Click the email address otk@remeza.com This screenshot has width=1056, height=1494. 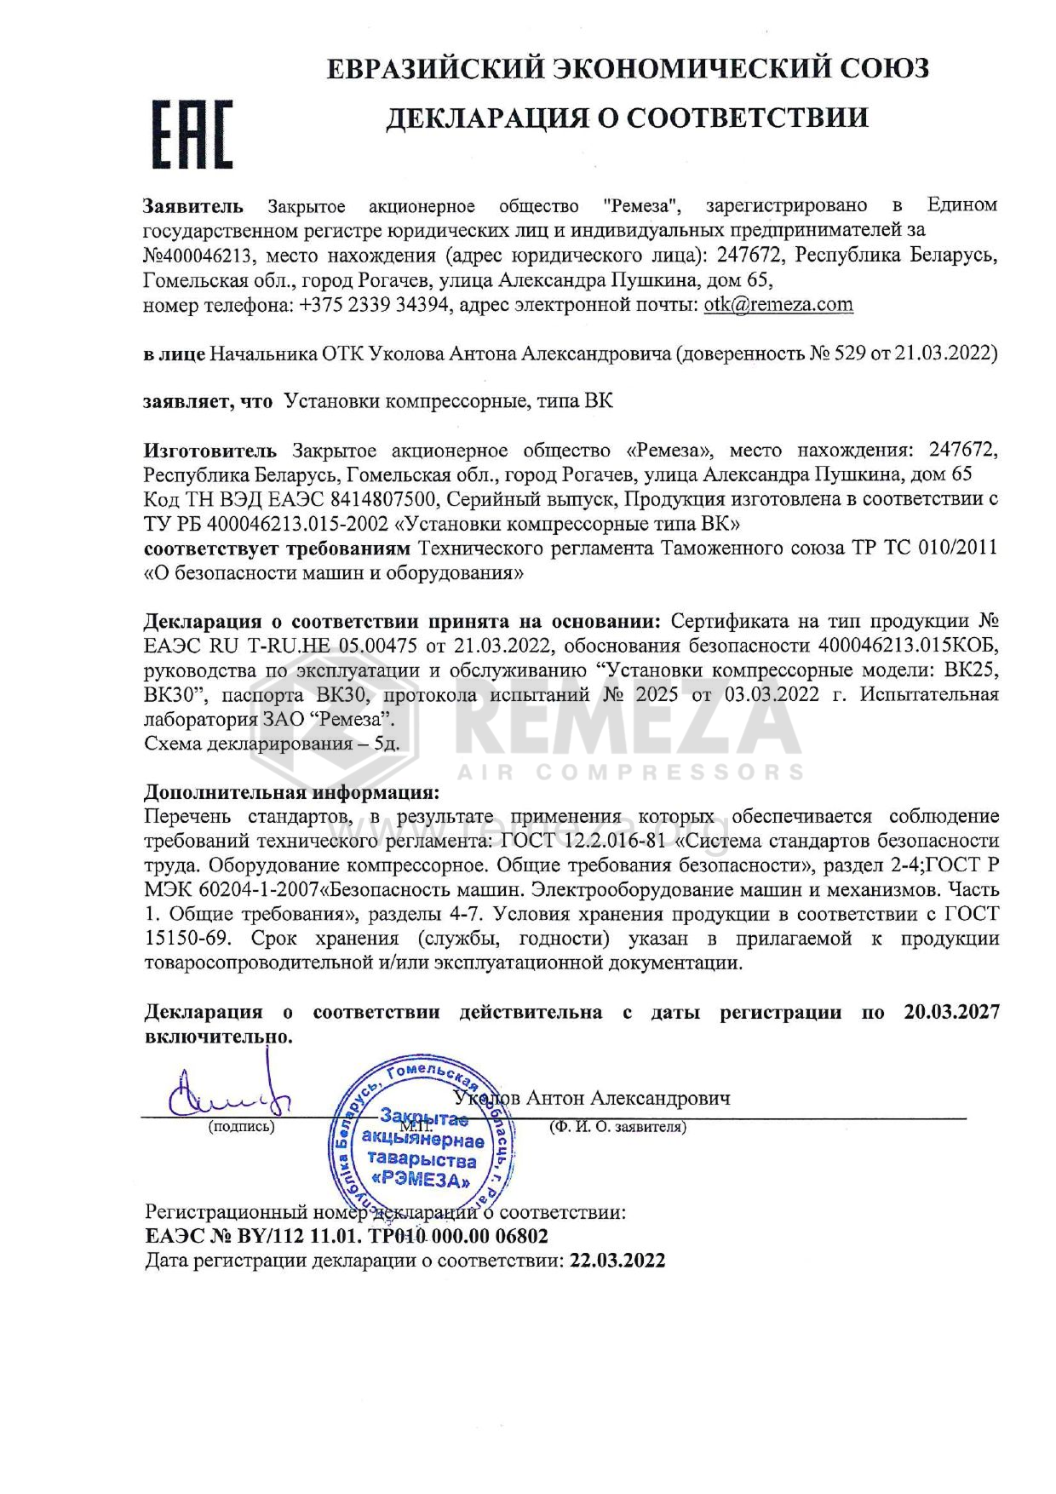tap(778, 305)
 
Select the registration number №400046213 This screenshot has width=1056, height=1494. tap(199, 255)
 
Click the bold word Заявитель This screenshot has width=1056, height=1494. tap(192, 205)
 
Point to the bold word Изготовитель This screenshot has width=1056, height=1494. tap(209, 450)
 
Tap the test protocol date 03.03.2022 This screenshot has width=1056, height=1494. tap(773, 694)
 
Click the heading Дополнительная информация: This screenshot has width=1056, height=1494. tap(291, 792)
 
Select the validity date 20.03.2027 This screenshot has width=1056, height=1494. tap(951, 1012)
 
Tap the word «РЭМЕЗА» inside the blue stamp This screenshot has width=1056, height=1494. tap(422, 1181)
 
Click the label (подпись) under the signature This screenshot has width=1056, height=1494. tap(241, 1127)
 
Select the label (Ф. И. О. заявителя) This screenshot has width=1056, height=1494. tap(617, 1127)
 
